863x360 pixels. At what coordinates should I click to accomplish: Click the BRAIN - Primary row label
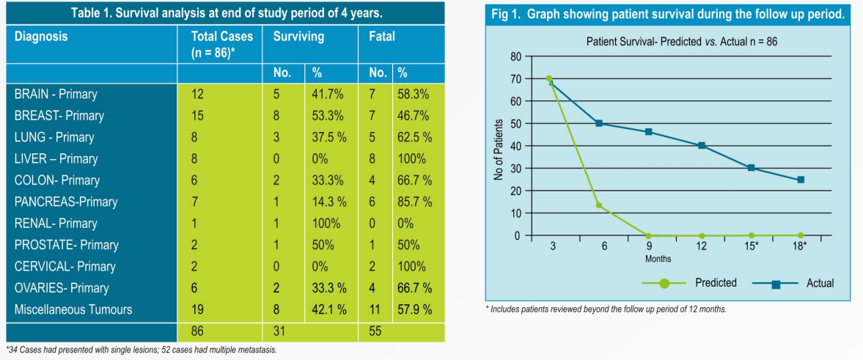(56, 94)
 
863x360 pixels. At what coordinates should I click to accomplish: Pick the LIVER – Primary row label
(56, 158)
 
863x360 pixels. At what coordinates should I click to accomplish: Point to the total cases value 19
(197, 309)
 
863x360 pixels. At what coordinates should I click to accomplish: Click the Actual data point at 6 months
(599, 123)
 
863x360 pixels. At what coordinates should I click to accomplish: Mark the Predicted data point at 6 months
(599, 205)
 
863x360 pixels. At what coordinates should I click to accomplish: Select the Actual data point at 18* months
(800, 179)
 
